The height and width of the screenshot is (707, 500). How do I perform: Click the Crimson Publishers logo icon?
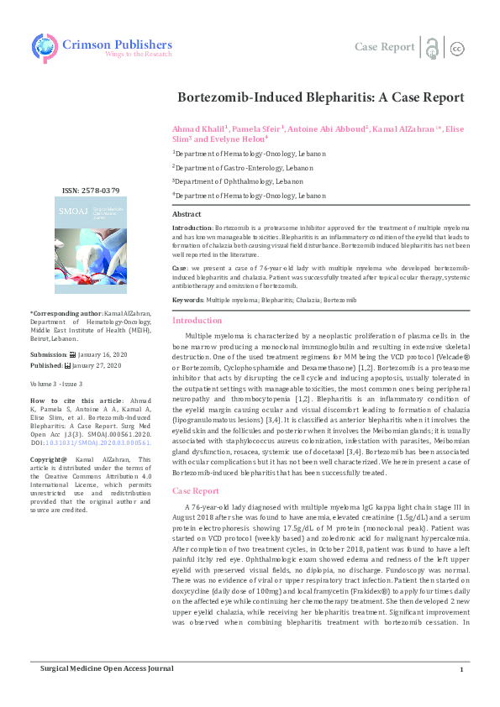[x=45, y=46]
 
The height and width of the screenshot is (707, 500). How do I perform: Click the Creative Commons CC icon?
[x=458, y=48]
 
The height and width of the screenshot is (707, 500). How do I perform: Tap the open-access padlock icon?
[x=432, y=47]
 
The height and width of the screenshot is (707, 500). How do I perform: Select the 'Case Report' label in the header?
[x=384, y=47]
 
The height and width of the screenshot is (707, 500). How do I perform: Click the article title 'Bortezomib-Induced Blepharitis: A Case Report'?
[x=320, y=97]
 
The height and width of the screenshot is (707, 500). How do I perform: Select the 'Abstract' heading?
[x=187, y=215]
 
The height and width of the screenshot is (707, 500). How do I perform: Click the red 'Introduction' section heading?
[x=197, y=321]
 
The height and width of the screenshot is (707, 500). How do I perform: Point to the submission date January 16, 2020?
[x=98, y=355]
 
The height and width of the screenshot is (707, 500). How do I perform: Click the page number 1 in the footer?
[x=461, y=693]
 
